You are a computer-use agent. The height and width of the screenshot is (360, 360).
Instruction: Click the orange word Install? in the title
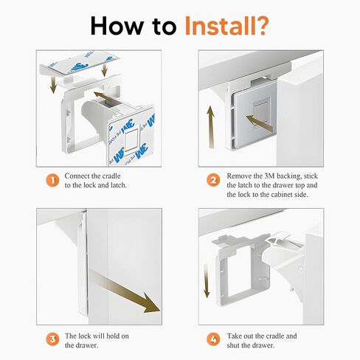(x=226, y=26)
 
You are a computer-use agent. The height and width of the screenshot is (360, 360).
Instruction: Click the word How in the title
(x=117, y=26)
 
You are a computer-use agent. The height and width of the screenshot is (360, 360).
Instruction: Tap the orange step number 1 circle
(x=52, y=180)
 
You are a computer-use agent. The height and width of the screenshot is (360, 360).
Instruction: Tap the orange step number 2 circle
(x=213, y=180)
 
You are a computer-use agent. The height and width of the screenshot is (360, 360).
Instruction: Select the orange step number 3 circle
(x=52, y=339)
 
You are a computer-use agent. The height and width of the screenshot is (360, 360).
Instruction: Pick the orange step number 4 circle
(x=213, y=339)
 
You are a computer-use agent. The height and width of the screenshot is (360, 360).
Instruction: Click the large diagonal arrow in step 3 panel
(x=124, y=290)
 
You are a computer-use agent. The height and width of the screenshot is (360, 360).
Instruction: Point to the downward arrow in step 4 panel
(x=207, y=281)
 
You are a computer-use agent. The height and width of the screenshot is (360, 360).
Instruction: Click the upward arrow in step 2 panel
(x=210, y=127)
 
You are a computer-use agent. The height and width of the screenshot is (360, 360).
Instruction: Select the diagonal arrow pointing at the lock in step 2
(x=260, y=123)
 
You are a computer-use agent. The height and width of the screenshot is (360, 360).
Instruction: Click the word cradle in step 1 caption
(x=111, y=176)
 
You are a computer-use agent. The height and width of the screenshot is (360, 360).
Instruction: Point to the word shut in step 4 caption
(x=233, y=345)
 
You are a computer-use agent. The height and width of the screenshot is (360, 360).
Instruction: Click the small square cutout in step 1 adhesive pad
(x=131, y=141)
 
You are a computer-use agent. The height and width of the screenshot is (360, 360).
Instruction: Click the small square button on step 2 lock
(x=261, y=114)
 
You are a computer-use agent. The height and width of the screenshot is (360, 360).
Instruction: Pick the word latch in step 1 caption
(x=118, y=185)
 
